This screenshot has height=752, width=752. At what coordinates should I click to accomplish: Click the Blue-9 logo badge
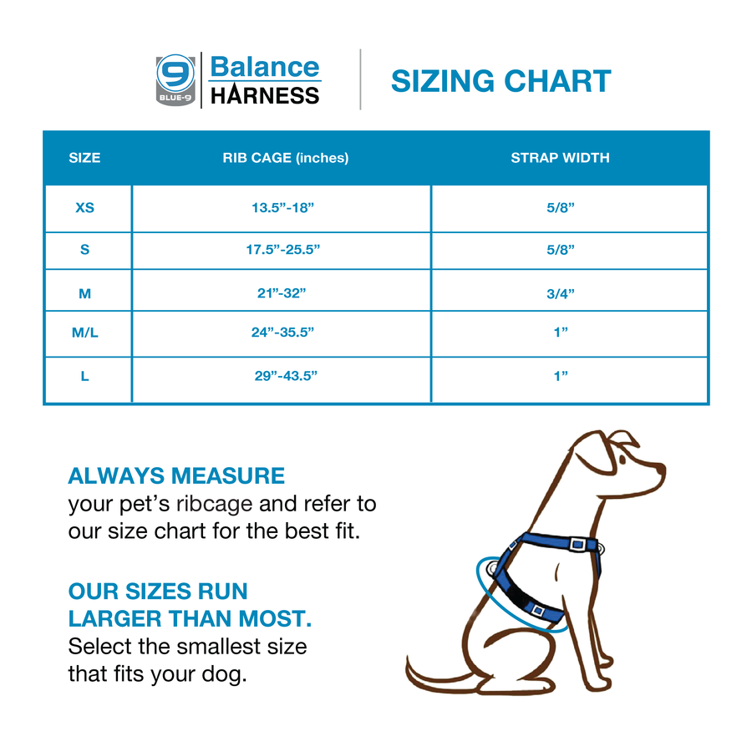click(x=176, y=79)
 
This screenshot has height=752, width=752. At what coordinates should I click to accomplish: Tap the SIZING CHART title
click(x=500, y=81)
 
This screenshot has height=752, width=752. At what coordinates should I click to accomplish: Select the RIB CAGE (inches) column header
click(x=285, y=157)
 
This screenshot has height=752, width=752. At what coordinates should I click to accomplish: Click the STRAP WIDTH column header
click(x=560, y=157)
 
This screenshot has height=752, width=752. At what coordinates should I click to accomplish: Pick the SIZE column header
click(x=84, y=157)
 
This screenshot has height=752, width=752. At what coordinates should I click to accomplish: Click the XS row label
click(x=84, y=207)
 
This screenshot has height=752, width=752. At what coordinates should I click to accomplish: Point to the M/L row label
click(x=84, y=333)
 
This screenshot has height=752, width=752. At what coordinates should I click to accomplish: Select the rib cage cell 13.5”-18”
click(x=282, y=207)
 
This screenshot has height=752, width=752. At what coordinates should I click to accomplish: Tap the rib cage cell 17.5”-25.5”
click(x=282, y=249)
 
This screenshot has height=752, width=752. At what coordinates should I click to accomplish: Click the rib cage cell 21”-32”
click(x=282, y=292)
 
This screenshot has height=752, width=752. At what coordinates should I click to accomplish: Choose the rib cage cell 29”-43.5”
click(x=286, y=376)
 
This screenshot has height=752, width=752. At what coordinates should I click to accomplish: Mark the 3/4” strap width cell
click(x=560, y=292)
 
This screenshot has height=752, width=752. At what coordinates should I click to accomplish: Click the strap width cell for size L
click(x=560, y=376)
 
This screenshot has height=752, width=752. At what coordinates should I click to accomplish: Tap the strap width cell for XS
click(x=560, y=207)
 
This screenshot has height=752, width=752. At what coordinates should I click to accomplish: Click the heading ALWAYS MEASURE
click(x=176, y=476)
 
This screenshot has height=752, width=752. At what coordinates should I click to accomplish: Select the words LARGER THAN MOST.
click(x=190, y=619)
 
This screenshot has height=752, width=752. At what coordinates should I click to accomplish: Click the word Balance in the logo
click(x=264, y=67)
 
